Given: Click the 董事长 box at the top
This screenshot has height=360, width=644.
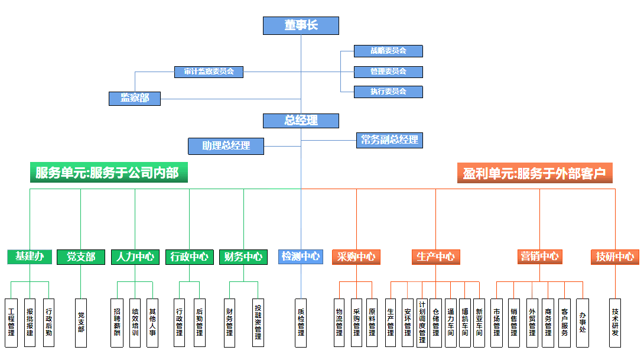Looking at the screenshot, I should (301, 25).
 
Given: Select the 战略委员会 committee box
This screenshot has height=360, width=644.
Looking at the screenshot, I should (388, 51).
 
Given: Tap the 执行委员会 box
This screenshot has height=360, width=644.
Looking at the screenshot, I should (388, 92).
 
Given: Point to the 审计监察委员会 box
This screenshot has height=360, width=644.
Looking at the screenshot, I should (209, 72).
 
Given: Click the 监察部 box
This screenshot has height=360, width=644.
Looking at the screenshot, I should (135, 98).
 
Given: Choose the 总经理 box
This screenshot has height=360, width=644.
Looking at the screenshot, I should (301, 121).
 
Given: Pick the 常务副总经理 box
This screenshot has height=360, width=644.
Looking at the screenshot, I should (389, 140).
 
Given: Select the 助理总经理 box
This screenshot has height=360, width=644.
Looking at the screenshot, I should (226, 145).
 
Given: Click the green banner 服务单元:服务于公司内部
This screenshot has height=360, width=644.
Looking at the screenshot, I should (108, 173).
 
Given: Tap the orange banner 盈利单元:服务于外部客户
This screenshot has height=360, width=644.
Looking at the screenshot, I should (534, 173).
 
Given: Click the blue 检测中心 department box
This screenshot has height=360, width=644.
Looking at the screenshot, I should (301, 257).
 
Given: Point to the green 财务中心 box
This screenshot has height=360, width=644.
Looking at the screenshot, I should (243, 257).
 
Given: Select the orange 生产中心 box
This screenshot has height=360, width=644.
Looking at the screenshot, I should (435, 257).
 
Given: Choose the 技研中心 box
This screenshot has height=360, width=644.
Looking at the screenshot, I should (615, 257).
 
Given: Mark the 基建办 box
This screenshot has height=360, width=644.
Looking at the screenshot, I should (30, 257).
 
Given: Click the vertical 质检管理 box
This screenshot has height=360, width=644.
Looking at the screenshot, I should (301, 323).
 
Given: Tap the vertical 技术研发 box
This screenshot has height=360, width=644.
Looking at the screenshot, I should (615, 323).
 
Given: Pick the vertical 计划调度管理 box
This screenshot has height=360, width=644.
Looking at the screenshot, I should (422, 323).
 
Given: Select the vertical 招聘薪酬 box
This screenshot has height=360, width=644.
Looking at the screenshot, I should (117, 323).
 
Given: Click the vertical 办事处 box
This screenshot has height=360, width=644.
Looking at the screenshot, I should (583, 323).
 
